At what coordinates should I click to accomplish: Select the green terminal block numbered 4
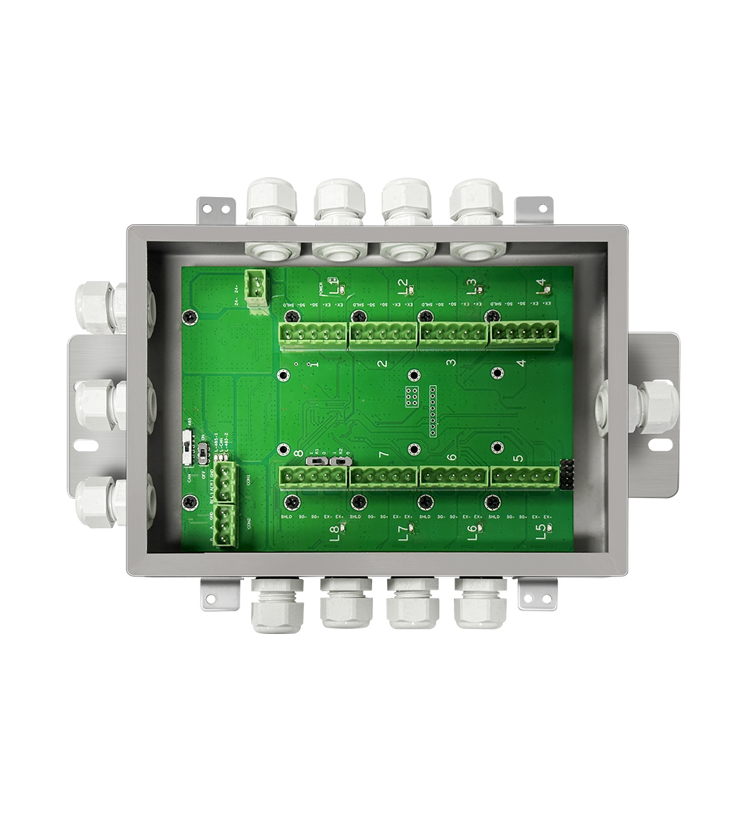point(524,332)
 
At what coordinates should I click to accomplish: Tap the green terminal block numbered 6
point(454,477)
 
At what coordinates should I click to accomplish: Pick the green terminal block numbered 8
point(313,477)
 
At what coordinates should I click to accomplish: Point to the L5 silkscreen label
point(542,529)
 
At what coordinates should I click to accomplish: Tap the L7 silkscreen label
point(404,533)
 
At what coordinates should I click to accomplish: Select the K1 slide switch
point(314,461)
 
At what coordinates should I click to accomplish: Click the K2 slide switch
point(341,461)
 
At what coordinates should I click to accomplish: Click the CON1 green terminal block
point(226,482)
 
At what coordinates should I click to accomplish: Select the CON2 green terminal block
point(226,525)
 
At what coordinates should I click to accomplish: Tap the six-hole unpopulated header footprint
point(411,397)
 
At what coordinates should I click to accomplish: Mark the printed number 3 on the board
point(450,363)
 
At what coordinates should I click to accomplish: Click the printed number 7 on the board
point(383,455)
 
